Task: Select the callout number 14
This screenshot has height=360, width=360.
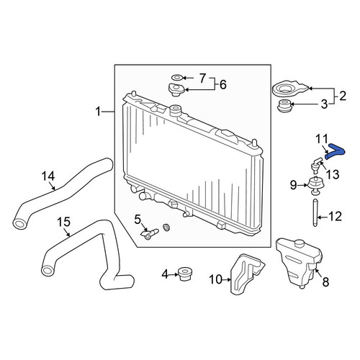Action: click(48, 176)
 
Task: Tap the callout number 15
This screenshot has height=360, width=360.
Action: click(63, 222)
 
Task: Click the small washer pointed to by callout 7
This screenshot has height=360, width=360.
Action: click(177, 78)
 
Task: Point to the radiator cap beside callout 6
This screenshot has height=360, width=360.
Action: click(176, 89)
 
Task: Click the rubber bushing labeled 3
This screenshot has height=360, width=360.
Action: click(284, 106)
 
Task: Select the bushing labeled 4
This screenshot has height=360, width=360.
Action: click(184, 274)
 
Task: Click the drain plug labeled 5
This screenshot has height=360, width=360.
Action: click(150, 233)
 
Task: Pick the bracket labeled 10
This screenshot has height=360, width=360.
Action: click(246, 274)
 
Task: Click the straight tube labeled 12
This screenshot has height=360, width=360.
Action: click(315, 212)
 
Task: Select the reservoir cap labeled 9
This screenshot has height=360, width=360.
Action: click(315, 185)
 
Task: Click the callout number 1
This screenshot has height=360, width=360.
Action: click(98, 112)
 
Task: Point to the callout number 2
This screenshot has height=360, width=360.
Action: click(343, 96)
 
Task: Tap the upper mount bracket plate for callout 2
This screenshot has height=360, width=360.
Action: click(290, 89)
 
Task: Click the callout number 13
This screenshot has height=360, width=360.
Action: click(333, 174)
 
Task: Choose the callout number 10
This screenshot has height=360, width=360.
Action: click(216, 279)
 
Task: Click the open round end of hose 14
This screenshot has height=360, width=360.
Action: click(19, 224)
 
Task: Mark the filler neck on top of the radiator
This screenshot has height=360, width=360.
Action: click(176, 110)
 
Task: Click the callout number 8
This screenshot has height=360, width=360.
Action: click(325, 282)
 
